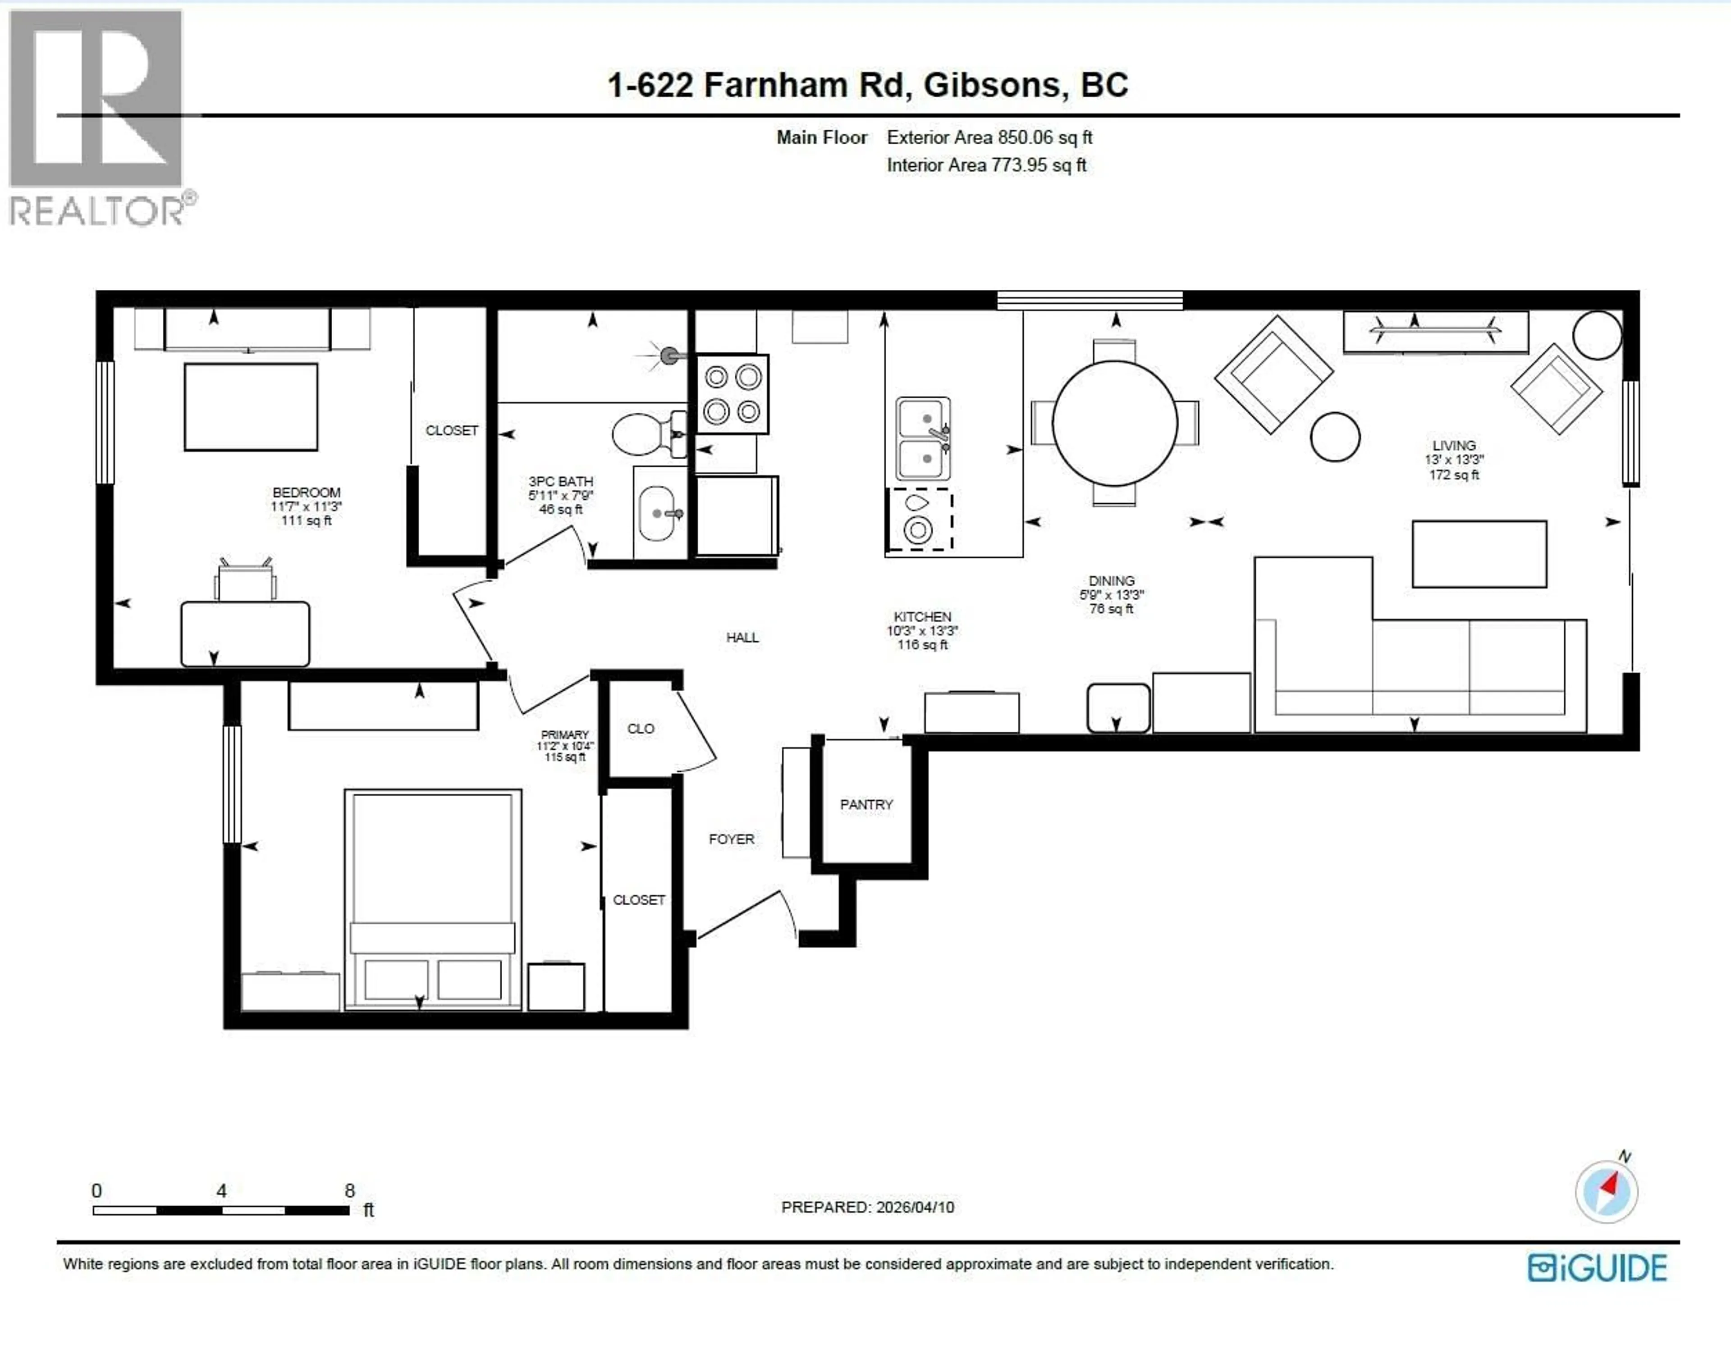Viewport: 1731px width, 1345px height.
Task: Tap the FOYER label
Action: coord(731,839)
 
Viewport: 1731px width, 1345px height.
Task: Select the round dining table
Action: coord(1114,423)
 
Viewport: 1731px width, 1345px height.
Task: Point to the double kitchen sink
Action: coord(923,439)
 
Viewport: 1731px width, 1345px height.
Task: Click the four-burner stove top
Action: coord(733,394)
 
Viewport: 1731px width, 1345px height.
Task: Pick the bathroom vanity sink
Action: coord(657,513)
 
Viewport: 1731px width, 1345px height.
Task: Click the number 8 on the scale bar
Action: coord(349,1190)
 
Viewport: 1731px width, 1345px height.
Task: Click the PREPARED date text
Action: coord(867,1207)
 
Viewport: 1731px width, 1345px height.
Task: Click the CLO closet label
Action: coord(641,728)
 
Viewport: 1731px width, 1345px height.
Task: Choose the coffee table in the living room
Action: coord(1479,554)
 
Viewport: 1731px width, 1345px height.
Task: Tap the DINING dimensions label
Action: coord(1111,595)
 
